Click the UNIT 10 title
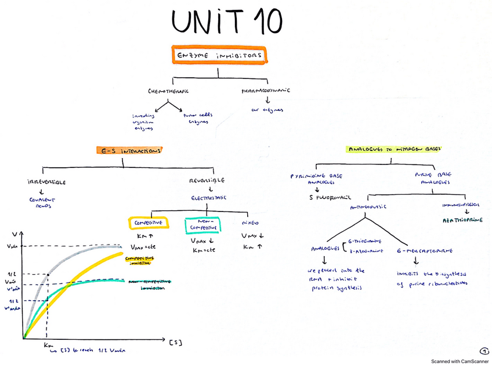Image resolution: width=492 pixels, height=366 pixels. [x=227, y=22]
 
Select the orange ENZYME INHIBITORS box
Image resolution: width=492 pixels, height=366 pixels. [x=219, y=55]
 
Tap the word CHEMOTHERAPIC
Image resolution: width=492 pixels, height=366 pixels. [x=169, y=91]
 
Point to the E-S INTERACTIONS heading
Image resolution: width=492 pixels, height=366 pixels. [x=129, y=150]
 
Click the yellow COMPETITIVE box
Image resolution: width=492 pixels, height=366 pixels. [x=148, y=223]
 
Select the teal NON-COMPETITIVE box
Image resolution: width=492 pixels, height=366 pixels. [x=202, y=225]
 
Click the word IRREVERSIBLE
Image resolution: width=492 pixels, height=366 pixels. [x=46, y=181]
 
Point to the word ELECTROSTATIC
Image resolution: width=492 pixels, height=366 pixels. [x=209, y=198]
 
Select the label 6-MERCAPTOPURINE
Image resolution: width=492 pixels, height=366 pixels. [x=425, y=250]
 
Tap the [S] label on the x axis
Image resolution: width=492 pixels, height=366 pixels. [x=176, y=342]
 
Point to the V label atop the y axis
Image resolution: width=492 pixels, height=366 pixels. [x=15, y=234]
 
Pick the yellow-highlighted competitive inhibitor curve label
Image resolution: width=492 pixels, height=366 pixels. [x=141, y=259]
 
